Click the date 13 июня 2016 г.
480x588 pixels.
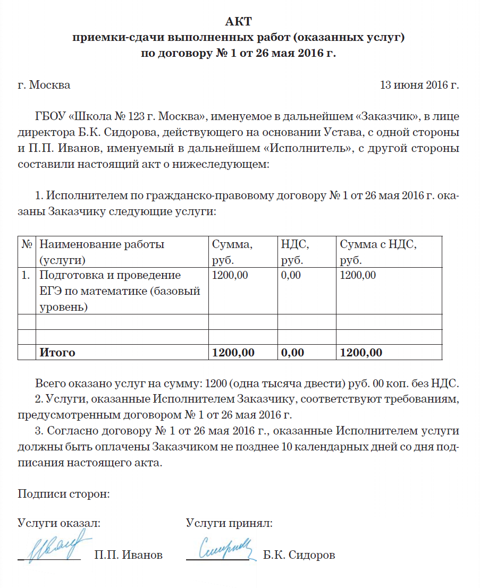coord(419,85)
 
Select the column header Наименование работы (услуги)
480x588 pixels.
coord(102,252)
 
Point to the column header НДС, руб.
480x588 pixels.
coord(295,252)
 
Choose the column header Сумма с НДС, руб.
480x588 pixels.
coord(378,252)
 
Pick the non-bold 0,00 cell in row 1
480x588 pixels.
coord(290,275)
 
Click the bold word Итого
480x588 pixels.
coord(57,353)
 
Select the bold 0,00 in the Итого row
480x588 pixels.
coord(292,353)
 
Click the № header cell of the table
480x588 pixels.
coord(26,245)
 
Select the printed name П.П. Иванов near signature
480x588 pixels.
coord(128,556)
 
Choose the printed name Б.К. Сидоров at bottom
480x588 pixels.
coord(299,556)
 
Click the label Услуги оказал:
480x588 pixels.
coord(59,523)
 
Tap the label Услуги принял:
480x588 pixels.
coord(229,523)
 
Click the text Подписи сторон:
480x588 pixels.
coord(64,494)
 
